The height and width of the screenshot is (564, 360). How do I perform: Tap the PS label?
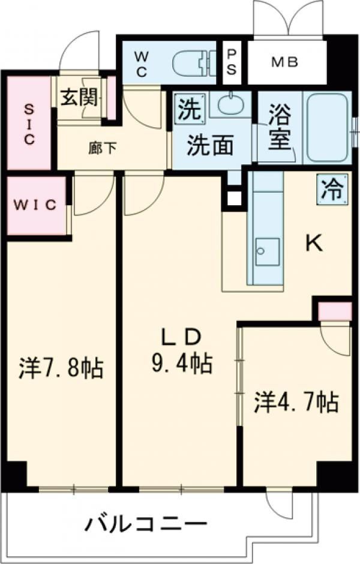[x=232, y=61]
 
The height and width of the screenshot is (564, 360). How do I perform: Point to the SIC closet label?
[x=28, y=124]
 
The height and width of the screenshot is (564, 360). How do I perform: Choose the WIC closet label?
[x=35, y=205]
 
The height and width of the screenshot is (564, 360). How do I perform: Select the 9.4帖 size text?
[x=181, y=363]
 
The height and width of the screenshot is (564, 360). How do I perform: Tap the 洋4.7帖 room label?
[x=296, y=401]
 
